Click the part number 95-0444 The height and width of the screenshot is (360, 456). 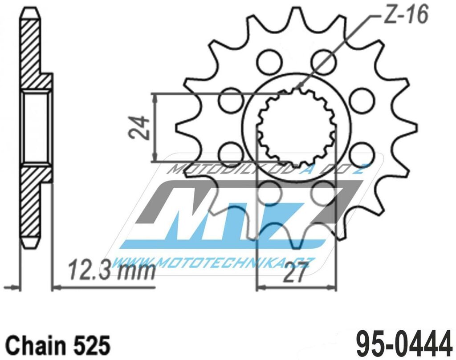click(403, 343)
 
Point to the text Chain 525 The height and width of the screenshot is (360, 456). click(57, 344)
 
